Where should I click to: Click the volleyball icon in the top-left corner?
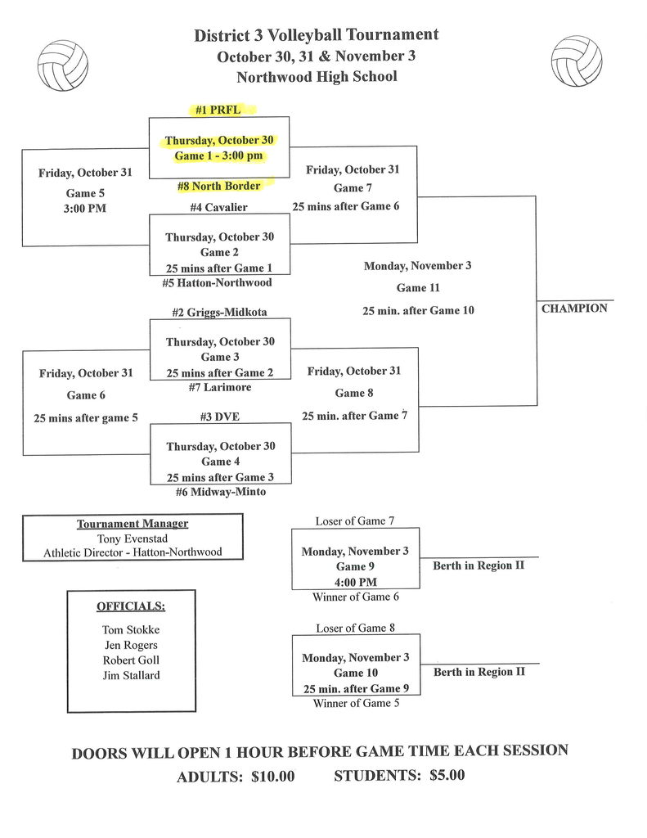coord(63,65)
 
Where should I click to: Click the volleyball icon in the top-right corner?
coord(576,61)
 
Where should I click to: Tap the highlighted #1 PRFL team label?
coord(218,110)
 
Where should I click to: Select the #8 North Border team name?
coord(219,186)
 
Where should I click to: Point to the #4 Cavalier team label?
coord(218,208)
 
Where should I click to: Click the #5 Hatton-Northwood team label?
coord(217,283)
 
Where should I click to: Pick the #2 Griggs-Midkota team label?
coord(219,312)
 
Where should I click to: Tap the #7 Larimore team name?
coord(219,387)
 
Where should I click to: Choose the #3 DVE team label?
coord(219,417)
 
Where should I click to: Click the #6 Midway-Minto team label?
coord(220,492)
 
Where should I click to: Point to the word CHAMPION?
coord(574,309)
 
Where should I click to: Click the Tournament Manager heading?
coord(133,524)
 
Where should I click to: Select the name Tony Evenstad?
coord(133,538)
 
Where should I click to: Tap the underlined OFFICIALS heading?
coord(131,606)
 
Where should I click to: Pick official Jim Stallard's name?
coord(131,675)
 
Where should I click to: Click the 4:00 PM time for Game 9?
coord(356,582)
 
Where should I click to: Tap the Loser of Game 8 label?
coord(356,628)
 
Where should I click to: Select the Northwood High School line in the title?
coord(317,77)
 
